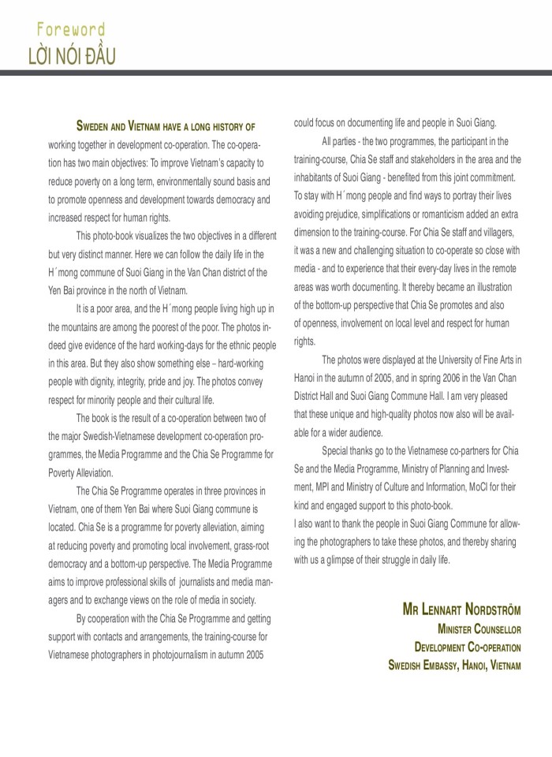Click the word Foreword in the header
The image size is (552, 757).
(x=70, y=30)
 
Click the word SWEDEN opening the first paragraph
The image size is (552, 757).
(x=96, y=126)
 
